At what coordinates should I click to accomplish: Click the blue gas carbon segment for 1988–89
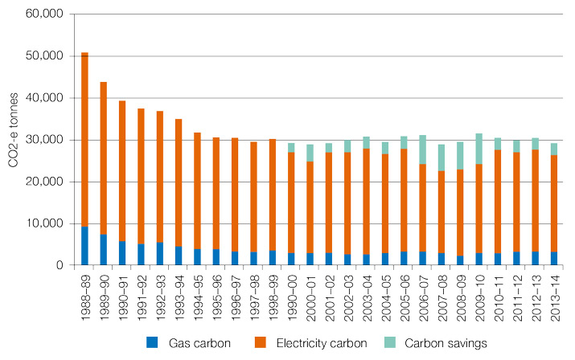pyautogui.click(x=84, y=246)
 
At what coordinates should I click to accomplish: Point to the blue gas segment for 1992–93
pyautogui.click(x=159, y=254)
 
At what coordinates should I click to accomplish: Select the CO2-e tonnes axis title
pyautogui.click(x=14, y=139)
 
